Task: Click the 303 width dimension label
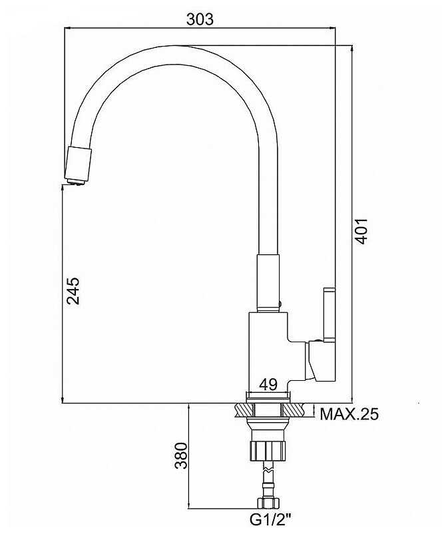tap(200, 19)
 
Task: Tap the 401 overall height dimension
tap(361, 231)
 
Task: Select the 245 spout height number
tap(73, 290)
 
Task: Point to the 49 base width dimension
tap(268, 384)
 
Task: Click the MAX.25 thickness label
tap(349, 414)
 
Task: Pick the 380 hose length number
tap(181, 455)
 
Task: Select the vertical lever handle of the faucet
tap(330, 314)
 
